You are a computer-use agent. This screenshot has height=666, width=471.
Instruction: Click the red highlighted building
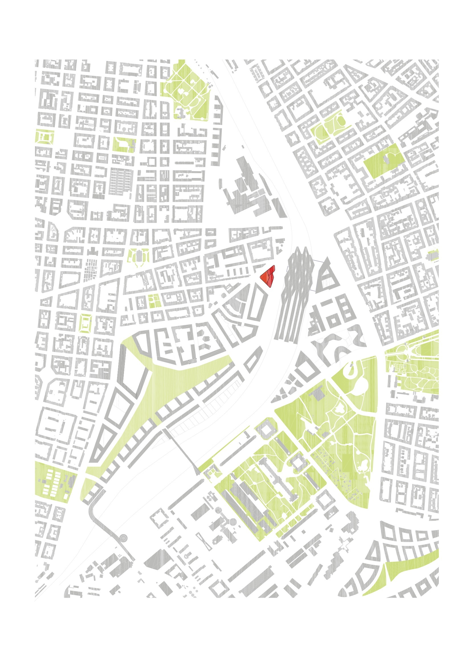[x=268, y=276]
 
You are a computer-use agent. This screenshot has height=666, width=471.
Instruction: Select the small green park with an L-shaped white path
[x=124, y=145]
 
